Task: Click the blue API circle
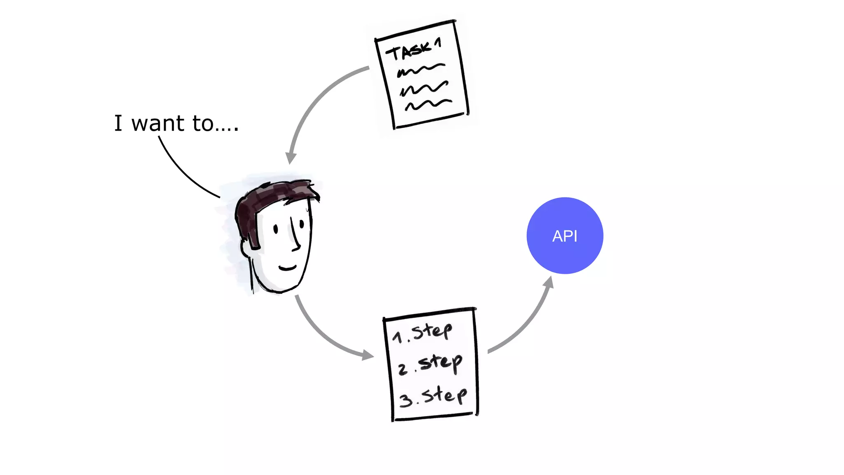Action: tap(565, 235)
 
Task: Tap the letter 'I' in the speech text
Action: tap(118, 123)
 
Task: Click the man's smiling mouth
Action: tap(287, 268)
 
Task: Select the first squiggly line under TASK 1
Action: tap(420, 70)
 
